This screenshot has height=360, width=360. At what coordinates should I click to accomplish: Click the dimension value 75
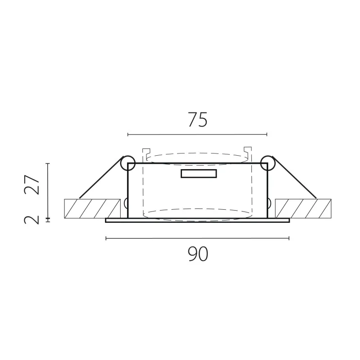tap(198, 119)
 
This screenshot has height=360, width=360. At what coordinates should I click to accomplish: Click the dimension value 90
tap(198, 254)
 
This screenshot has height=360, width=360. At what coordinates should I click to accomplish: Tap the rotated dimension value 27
tap(32, 185)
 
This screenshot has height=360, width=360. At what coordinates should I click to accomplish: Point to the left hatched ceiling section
tap(92, 208)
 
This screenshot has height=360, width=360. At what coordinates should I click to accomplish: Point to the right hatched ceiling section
tap(303, 208)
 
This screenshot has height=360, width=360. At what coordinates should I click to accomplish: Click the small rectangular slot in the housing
tap(199, 174)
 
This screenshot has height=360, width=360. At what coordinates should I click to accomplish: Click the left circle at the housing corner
tap(128, 163)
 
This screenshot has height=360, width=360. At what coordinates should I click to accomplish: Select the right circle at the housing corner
tap(268, 163)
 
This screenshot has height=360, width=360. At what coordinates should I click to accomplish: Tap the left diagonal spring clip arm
tap(100, 177)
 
